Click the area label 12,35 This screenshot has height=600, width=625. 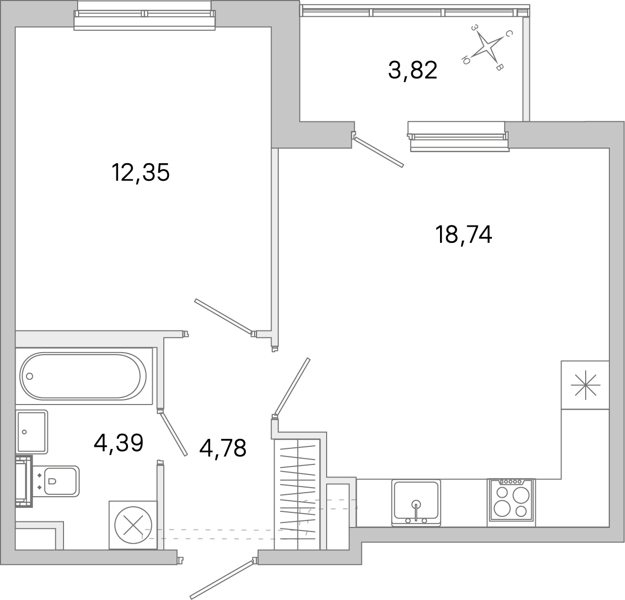coord(141,173)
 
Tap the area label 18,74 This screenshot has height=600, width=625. coord(463,235)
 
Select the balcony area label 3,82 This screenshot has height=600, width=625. coord(412,71)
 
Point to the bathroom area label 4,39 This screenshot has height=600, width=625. coord(119,443)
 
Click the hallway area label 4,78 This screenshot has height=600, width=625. coord(223,448)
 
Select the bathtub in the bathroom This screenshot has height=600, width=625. coord(83,376)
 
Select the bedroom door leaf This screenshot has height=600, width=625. coord(223,316)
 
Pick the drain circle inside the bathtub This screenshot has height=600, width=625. coord(29,376)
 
